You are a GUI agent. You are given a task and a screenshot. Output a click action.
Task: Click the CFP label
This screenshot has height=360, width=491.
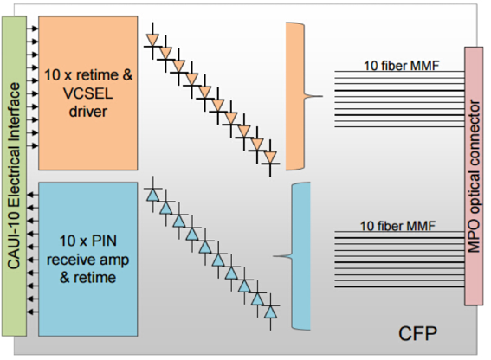(417, 333)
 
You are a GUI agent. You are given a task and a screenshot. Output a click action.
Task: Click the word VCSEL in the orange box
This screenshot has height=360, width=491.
(88, 93)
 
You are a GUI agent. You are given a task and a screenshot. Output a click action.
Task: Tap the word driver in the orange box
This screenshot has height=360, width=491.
(88, 111)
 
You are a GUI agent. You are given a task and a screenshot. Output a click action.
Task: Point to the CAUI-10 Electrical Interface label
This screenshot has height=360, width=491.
(14, 176)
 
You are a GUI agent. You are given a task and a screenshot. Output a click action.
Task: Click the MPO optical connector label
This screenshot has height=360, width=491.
(474, 176)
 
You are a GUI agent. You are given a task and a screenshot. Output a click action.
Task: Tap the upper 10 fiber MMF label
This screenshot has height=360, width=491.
(402, 66)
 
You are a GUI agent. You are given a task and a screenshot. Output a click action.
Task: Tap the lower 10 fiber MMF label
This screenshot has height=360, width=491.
(397, 226)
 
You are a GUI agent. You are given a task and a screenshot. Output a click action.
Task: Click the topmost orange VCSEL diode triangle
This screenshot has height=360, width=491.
(152, 40)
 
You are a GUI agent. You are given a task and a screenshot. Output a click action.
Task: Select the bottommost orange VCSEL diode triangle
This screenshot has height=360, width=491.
(270, 157)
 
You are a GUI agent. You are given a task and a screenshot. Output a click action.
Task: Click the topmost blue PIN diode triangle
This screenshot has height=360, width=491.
(153, 195)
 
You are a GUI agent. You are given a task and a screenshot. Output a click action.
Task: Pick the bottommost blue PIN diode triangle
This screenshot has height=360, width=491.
(270, 312)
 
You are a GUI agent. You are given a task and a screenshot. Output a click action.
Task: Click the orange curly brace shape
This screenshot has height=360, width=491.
(294, 96)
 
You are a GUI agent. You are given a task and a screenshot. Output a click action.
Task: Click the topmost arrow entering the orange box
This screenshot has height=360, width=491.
(32, 29)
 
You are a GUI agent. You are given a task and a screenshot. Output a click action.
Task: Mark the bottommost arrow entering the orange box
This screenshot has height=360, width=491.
(32, 146)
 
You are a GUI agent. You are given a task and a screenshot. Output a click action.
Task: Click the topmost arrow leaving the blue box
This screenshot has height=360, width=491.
(33, 195)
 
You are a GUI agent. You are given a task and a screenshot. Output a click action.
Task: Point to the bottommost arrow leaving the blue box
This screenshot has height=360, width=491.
(33, 312)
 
